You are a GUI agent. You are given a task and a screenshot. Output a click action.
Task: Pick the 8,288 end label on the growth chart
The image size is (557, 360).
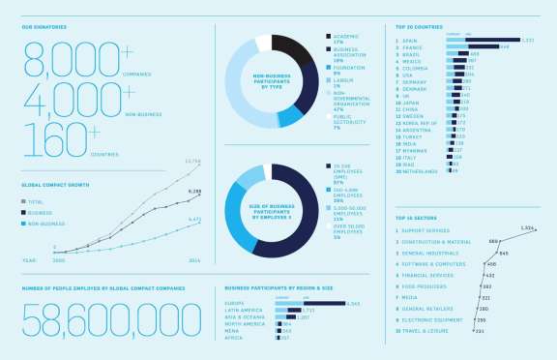[194, 192]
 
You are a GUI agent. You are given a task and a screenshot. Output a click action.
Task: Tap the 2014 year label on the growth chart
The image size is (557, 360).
[194, 260]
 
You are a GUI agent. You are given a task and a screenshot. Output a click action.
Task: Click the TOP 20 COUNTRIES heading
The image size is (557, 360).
[420, 26]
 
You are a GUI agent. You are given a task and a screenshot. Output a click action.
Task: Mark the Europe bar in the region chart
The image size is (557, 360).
[310, 303]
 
